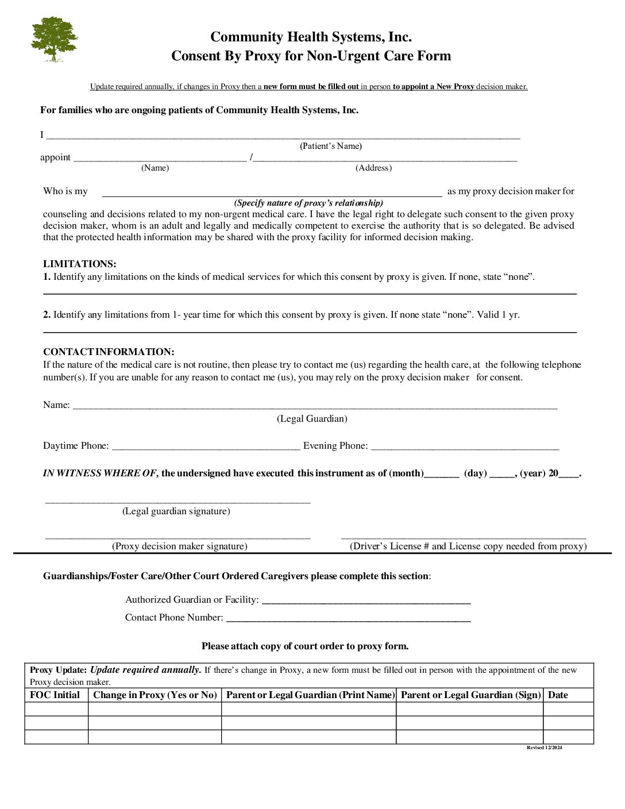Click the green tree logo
pyautogui.click(x=54, y=38)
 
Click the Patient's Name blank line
pyautogui.click(x=283, y=137)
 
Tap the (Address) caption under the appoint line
pyautogui.click(x=373, y=168)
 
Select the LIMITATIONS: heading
pyautogui.click(x=79, y=264)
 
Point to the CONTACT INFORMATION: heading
pyautogui.click(x=109, y=352)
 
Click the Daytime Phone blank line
pyautogui.click(x=206, y=447)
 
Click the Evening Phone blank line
pyautogui.click(x=464, y=447)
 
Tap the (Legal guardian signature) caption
pyautogui.click(x=176, y=511)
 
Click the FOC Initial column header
pyautogui.click(x=55, y=695)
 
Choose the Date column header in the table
pyautogui.click(x=558, y=695)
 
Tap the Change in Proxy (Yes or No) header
pyautogui.click(x=155, y=695)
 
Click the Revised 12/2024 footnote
pyautogui.click(x=545, y=748)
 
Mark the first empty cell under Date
pyautogui.click(x=568, y=708)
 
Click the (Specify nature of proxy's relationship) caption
pyautogui.click(x=308, y=203)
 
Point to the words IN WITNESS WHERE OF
pyautogui.click(x=100, y=473)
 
